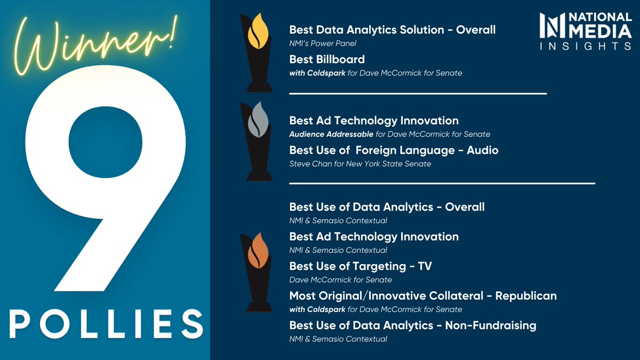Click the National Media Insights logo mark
click(550, 26)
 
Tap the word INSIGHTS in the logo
click(586, 46)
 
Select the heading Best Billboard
click(327, 59)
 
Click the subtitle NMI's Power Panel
click(323, 44)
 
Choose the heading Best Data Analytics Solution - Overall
click(392, 30)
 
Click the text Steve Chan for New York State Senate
click(360, 164)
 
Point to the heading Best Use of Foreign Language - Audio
click(394, 150)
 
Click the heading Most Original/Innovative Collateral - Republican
click(422, 295)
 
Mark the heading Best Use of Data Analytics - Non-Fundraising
click(412, 325)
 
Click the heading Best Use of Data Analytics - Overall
click(387, 206)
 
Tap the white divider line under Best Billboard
click(418, 93)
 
